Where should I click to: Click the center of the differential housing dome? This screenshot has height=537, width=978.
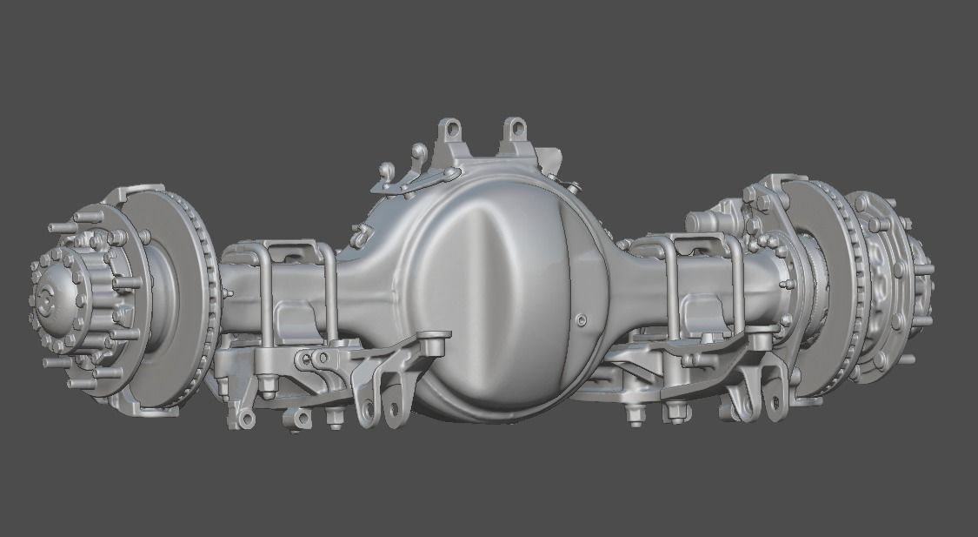pyautogui.click(x=491, y=296)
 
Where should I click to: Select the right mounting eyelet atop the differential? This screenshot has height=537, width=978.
pyautogui.click(x=515, y=131)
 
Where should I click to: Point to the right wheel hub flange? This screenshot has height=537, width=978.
pyautogui.click(x=887, y=279)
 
